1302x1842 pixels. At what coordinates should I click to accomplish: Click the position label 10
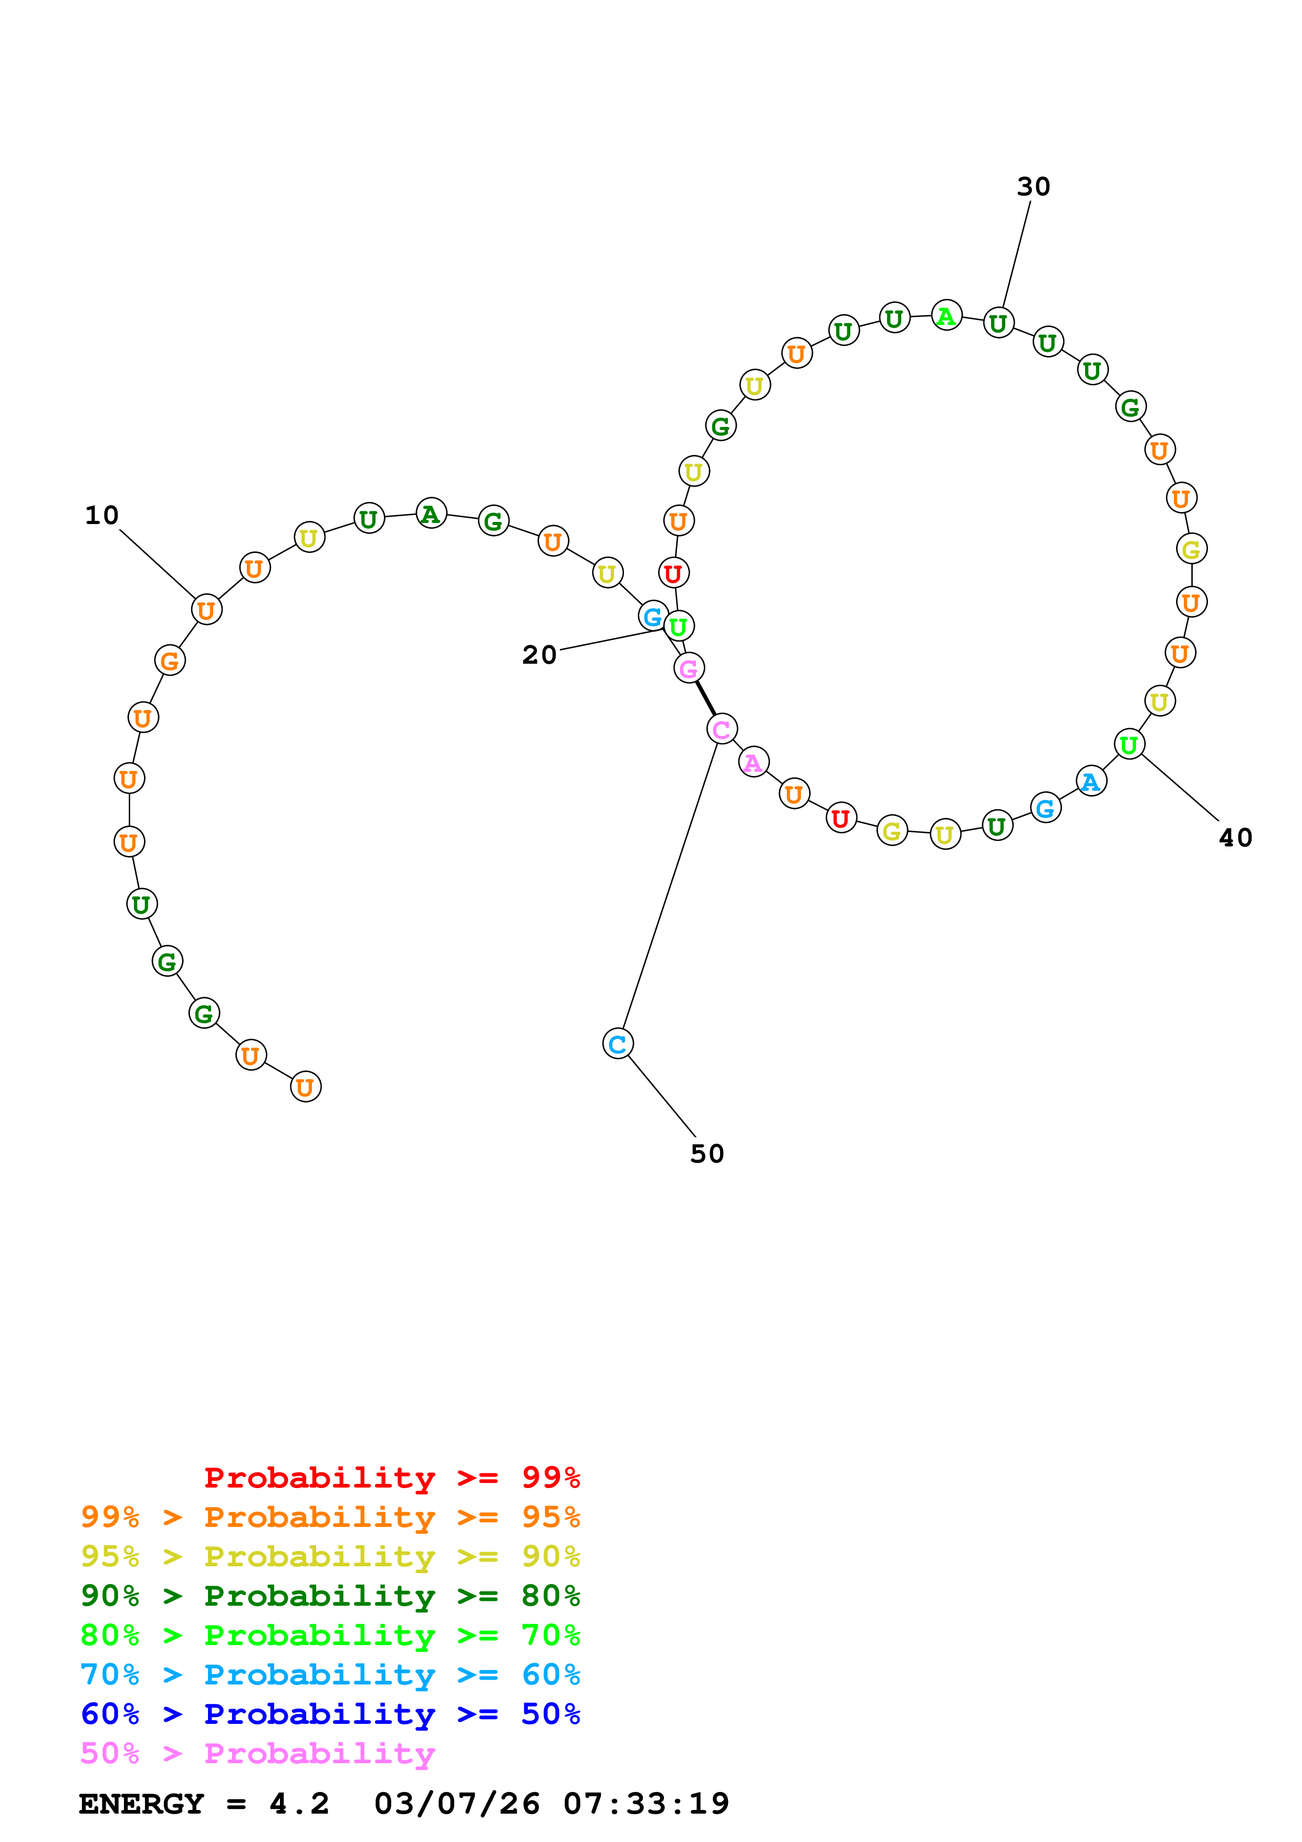(102, 515)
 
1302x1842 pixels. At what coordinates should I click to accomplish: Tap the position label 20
(539, 655)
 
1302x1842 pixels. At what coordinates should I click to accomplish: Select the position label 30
(1033, 187)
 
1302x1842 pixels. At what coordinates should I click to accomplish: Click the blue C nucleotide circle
(618, 1044)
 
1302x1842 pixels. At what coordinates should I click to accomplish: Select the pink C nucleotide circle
(722, 729)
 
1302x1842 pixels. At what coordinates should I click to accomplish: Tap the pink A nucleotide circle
(753, 762)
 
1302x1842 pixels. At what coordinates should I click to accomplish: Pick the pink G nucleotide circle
(689, 668)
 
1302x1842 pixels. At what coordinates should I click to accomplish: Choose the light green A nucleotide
(946, 316)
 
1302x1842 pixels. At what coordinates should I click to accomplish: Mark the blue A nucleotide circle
(1091, 781)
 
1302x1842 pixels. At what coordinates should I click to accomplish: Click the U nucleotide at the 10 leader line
(206, 611)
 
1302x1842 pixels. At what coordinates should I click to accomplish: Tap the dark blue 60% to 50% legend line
(330, 1714)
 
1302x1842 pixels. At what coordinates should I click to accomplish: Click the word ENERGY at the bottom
(141, 1804)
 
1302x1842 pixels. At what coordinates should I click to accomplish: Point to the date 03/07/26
(456, 1804)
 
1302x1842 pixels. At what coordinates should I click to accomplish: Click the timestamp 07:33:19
(646, 1804)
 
